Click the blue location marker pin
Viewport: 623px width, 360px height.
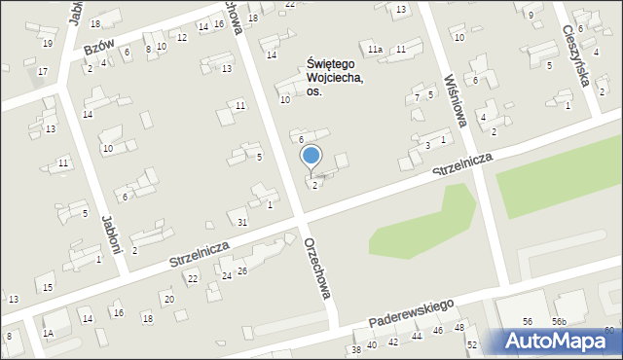[x=311, y=156]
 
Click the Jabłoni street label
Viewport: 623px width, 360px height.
[x=107, y=234]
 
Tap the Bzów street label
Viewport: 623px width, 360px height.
[x=94, y=48]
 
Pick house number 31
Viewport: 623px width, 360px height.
[x=242, y=223]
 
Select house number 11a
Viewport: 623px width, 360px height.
[x=375, y=48]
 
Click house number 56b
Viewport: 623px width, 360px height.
[x=560, y=322]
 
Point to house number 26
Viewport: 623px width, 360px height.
[x=242, y=270]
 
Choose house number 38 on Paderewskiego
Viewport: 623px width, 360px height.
[x=356, y=349]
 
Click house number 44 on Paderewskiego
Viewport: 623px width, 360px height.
[x=417, y=336]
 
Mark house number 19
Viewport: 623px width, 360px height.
[x=47, y=43]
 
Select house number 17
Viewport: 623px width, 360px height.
[x=42, y=71]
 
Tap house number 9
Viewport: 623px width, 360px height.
[x=531, y=16]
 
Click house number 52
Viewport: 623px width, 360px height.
[x=472, y=344]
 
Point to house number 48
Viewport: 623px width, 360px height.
[x=459, y=327]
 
